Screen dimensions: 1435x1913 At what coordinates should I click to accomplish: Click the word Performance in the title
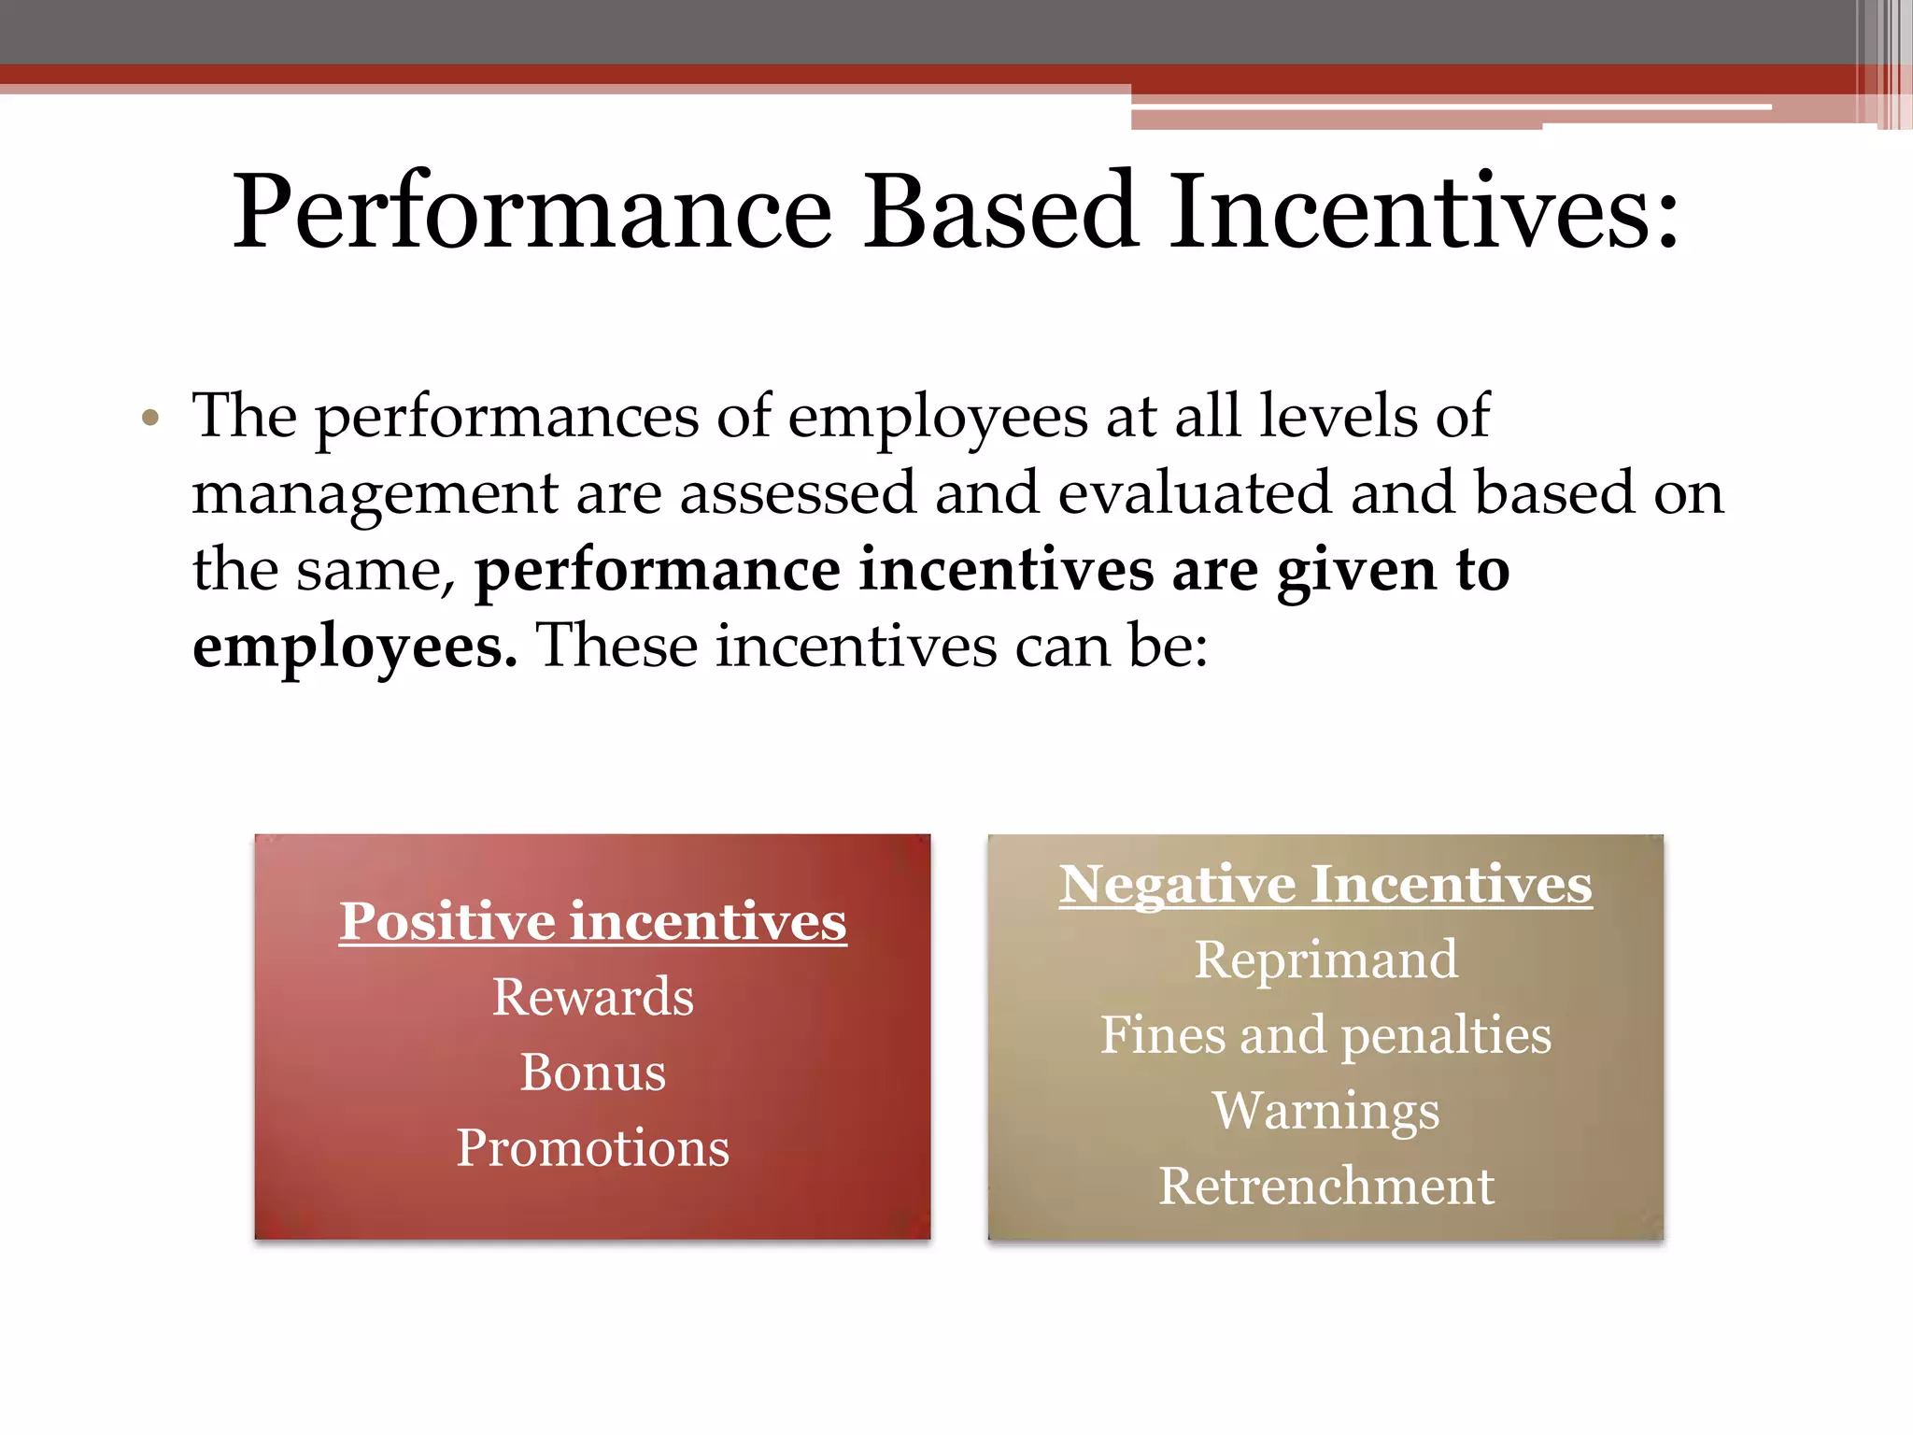click(531, 213)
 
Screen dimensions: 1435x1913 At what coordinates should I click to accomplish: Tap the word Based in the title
click(999, 213)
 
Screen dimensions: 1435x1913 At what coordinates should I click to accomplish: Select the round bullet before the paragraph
click(150, 418)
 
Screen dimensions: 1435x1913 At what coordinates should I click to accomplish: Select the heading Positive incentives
click(592, 921)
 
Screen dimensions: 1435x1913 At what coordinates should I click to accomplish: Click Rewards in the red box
click(593, 997)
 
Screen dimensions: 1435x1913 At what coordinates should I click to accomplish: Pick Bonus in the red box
click(593, 1073)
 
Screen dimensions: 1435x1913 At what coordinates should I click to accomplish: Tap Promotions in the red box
click(592, 1148)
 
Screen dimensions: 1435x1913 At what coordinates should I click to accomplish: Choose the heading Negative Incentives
click(1325, 884)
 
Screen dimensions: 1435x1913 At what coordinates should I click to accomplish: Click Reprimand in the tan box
click(1325, 959)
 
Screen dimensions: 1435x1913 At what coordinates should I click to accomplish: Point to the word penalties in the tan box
click(1446, 1036)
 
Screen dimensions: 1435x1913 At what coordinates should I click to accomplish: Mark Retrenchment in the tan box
click(1325, 1186)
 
